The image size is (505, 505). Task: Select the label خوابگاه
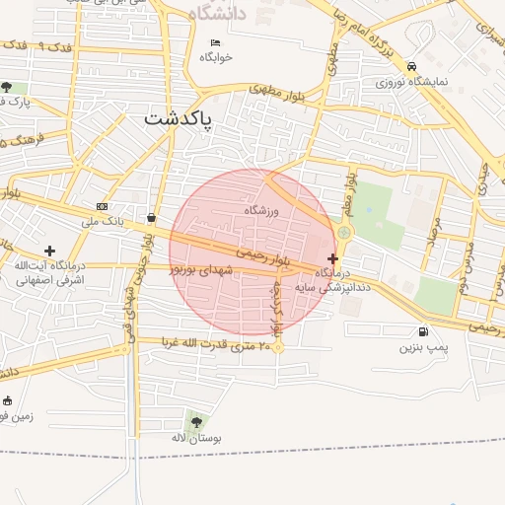216,57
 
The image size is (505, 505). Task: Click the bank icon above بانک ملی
103,206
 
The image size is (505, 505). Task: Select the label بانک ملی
103,221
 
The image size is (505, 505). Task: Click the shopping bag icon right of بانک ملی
150,218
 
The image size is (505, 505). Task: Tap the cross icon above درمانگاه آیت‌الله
49,252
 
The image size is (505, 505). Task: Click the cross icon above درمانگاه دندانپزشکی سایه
331,257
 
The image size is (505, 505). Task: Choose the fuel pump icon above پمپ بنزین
423,332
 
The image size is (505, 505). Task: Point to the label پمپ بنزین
423,348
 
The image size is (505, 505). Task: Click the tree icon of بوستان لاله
195,422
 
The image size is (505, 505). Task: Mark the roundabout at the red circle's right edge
344,233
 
